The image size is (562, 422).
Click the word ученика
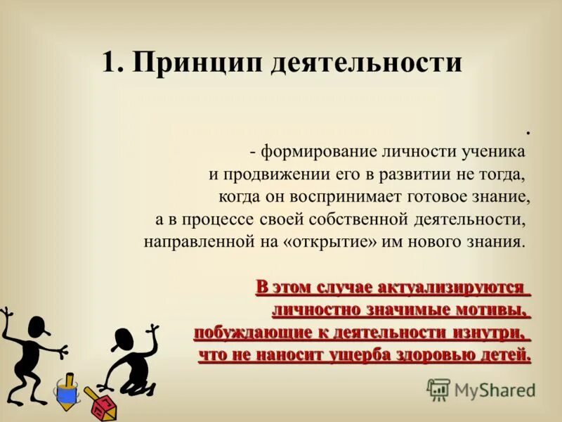(x=495, y=152)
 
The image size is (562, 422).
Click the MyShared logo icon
(x=438, y=389)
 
